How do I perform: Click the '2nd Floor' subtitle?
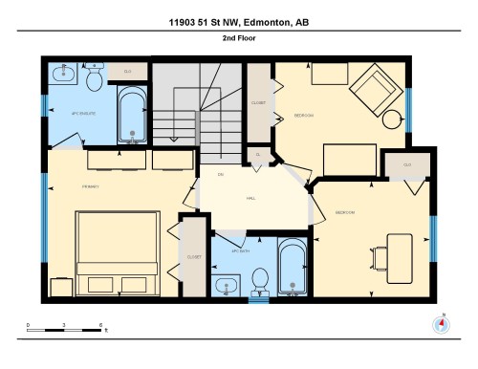click(239, 39)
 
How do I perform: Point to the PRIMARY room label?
click(65, 186)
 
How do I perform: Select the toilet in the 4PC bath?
click(258, 279)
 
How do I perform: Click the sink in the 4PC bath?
click(226, 285)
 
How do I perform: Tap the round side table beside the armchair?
click(394, 119)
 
